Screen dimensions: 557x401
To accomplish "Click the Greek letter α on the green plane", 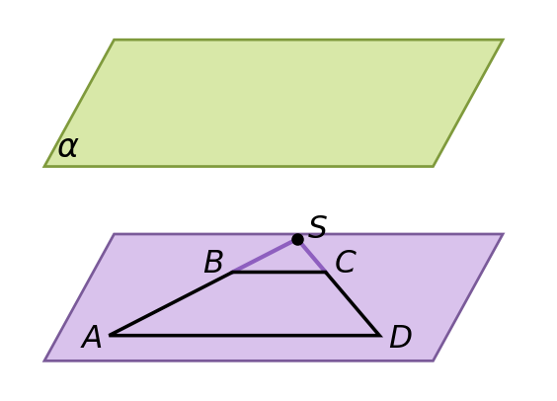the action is click(67, 147).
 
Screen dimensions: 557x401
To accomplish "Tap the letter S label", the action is click(318, 226).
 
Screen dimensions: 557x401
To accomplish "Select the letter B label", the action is click(213, 262).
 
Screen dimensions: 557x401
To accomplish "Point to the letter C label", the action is click(346, 262).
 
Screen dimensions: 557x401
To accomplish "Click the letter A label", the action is click(92, 337).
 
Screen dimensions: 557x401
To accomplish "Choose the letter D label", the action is click(401, 337).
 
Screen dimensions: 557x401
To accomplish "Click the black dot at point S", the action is click(297, 239).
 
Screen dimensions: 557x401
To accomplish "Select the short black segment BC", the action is click(278, 272).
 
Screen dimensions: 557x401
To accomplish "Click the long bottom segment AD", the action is click(244, 335).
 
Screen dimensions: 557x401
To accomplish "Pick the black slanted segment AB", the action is click(171, 303).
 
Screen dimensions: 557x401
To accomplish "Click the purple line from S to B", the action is click(265, 256).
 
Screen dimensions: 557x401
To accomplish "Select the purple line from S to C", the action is click(311, 256).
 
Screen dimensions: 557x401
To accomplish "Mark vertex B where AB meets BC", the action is click(233, 272).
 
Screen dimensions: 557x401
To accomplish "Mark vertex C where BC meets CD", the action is click(325, 272).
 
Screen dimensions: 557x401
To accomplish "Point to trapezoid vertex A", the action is click(111, 335).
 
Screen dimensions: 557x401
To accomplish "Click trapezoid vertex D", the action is click(380, 335).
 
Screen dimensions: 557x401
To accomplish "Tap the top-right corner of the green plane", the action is click(503, 40).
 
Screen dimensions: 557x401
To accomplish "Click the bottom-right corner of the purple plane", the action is click(434, 361).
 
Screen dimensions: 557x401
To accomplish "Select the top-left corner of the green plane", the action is click(114, 40).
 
